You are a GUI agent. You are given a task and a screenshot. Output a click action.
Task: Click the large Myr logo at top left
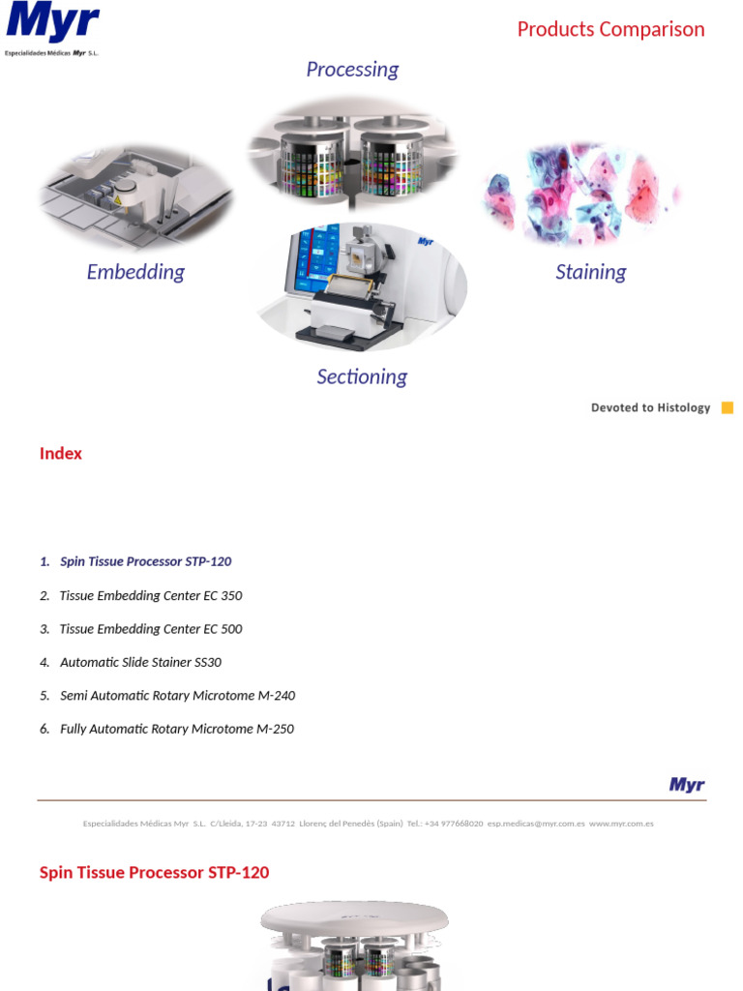click(52, 24)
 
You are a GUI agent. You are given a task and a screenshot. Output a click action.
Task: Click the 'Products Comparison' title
click(610, 29)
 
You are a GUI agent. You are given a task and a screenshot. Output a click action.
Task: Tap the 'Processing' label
click(352, 69)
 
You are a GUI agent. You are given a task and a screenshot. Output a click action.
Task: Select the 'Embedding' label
click(135, 272)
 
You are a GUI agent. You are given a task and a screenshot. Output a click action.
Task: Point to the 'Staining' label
click(590, 272)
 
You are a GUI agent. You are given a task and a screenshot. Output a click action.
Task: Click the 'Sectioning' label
click(362, 376)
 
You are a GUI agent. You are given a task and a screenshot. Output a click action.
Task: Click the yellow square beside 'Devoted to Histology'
click(728, 407)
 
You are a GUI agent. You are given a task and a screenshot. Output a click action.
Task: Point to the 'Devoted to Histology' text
click(650, 407)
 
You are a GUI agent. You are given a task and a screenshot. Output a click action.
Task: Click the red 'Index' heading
click(61, 454)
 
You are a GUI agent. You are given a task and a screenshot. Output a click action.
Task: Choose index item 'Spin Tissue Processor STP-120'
click(145, 561)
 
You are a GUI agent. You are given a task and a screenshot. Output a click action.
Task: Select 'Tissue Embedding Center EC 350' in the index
click(151, 595)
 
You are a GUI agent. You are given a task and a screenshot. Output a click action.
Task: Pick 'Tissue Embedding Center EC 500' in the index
click(151, 629)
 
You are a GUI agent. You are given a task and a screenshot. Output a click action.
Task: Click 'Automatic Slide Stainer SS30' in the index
click(140, 663)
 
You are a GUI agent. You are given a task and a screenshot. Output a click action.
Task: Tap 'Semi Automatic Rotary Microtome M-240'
click(177, 696)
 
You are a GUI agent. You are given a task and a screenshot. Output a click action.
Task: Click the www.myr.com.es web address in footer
click(621, 824)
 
